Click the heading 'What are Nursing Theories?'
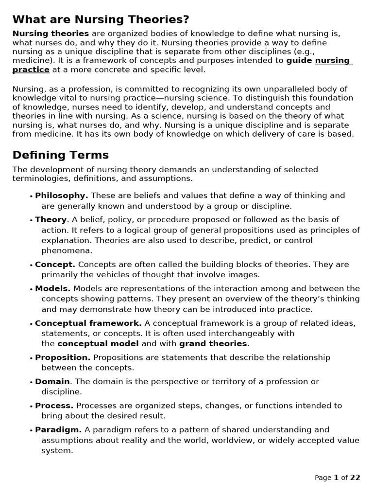point(101,20)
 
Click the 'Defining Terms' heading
point(61,155)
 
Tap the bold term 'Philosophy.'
point(62,196)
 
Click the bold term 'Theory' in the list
point(51,220)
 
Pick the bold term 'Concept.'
point(55,265)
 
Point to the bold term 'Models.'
point(53,289)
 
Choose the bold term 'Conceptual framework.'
point(88,323)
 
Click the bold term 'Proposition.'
point(63,357)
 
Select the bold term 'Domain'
point(52,382)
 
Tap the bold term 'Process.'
point(54,406)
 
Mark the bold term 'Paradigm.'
point(58,430)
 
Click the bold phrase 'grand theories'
point(213,344)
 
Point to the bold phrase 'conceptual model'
point(98,344)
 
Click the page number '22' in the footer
point(355,478)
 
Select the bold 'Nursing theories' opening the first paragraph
point(51,34)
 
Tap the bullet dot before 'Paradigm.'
point(31,431)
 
